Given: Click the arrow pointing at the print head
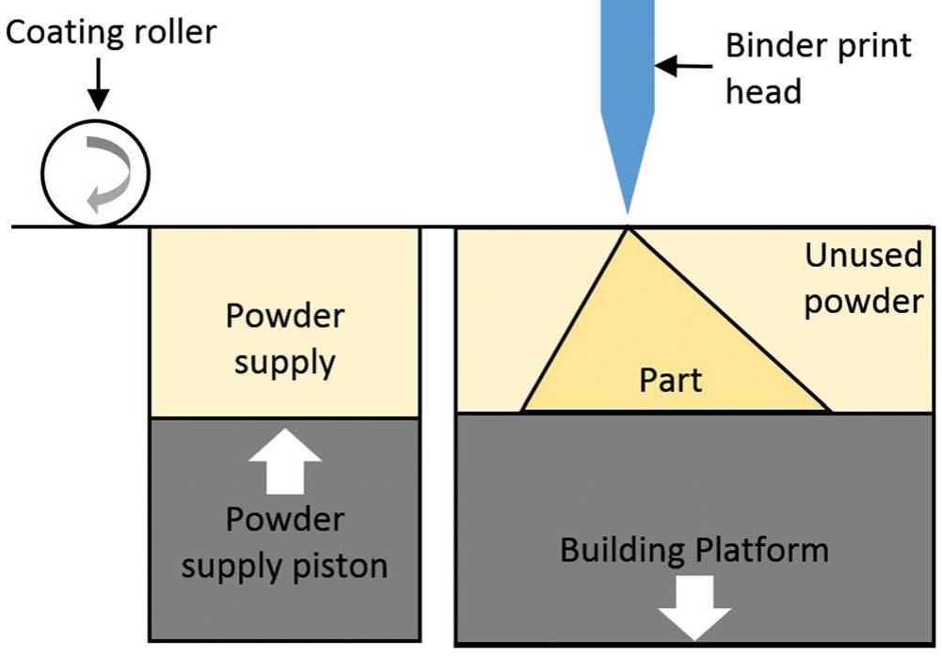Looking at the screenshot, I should point(682,66).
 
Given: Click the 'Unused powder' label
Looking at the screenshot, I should point(863,278).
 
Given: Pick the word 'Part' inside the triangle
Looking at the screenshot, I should point(671,381).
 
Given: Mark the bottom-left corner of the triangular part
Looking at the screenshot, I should point(522,411).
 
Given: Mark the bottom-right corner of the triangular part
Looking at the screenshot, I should point(830,411).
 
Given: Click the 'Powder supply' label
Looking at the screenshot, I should point(284,338).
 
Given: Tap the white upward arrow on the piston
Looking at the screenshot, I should point(283,465).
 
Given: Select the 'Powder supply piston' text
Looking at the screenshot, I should point(284,543).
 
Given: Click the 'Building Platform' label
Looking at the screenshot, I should point(695,549).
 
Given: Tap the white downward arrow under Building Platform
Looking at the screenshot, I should point(695,605).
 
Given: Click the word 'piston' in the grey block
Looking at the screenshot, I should point(336,567).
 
